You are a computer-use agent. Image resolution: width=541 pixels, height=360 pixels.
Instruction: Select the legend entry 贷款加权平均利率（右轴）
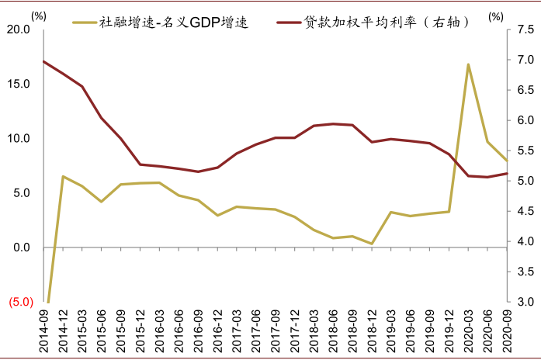click(373, 22)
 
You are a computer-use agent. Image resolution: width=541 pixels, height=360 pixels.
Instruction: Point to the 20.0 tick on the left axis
click(18, 29)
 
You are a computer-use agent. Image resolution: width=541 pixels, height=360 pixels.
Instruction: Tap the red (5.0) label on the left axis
click(19, 303)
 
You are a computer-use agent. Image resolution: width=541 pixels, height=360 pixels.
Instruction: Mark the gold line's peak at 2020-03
click(468, 64)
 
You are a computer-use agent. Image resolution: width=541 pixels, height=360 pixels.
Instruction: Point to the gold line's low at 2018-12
click(372, 244)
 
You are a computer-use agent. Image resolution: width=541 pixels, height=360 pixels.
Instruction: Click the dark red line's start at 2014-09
click(43, 61)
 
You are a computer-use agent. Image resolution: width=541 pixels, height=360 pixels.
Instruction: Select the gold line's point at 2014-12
click(63, 176)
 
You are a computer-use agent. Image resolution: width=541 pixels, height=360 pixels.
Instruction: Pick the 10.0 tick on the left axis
click(18, 139)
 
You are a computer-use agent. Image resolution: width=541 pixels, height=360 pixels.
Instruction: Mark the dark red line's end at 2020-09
click(507, 174)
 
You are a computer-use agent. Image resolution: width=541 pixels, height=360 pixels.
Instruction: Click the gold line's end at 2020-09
click(507, 161)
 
